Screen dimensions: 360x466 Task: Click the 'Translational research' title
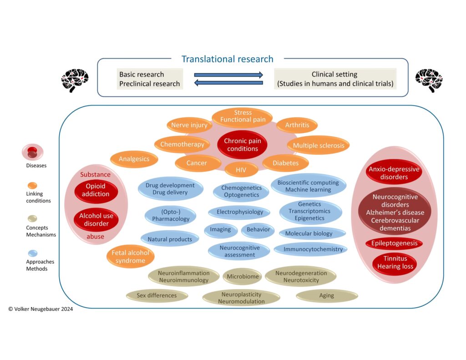[x=227, y=59]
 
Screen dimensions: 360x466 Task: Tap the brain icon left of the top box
[x=75, y=81]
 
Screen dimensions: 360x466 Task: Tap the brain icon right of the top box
[x=428, y=81]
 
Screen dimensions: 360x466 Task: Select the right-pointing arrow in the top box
[x=228, y=75]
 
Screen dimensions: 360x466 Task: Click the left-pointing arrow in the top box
[x=228, y=83]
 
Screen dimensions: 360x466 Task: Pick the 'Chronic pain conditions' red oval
[x=242, y=145]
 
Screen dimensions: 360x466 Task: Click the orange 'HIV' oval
[x=241, y=170]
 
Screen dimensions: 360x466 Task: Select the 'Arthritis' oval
[x=297, y=125]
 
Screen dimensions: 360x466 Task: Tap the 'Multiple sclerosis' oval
[x=318, y=146]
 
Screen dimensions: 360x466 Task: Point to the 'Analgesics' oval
[x=134, y=159]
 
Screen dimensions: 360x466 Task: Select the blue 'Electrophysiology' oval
[x=239, y=212]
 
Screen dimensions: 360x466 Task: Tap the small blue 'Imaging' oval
[x=220, y=230]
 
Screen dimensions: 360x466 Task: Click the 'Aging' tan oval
[x=326, y=296]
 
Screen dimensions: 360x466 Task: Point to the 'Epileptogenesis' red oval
[x=394, y=243]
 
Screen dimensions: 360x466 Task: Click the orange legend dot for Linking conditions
[x=32, y=185]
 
